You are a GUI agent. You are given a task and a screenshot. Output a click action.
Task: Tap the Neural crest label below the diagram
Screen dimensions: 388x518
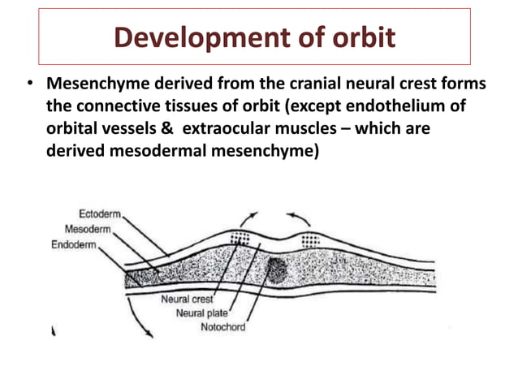tap(186, 300)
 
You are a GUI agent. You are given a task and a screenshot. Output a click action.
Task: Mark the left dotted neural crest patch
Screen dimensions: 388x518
tap(240, 238)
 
